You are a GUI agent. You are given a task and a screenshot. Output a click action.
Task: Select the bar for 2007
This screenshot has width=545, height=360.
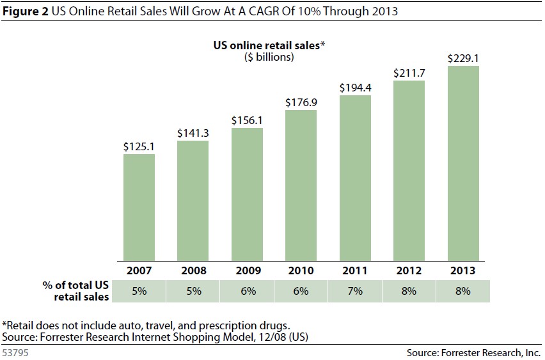point(139,207)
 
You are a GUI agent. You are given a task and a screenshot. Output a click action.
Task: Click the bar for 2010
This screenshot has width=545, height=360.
point(301,185)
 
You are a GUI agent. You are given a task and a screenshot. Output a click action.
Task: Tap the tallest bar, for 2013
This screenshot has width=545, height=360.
point(463,163)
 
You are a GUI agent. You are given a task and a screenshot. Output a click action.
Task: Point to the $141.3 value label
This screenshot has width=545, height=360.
point(193,133)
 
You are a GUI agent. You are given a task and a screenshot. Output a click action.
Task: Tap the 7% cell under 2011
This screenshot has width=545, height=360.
point(355,290)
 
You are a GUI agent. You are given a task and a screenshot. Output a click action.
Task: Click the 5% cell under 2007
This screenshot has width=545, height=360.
point(139,290)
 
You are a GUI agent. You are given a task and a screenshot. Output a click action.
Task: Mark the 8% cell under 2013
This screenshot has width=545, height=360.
point(463,290)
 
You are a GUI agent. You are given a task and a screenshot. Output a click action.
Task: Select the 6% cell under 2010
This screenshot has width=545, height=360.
point(301,290)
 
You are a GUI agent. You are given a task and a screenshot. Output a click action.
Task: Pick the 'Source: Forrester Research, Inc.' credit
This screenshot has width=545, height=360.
point(474,352)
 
